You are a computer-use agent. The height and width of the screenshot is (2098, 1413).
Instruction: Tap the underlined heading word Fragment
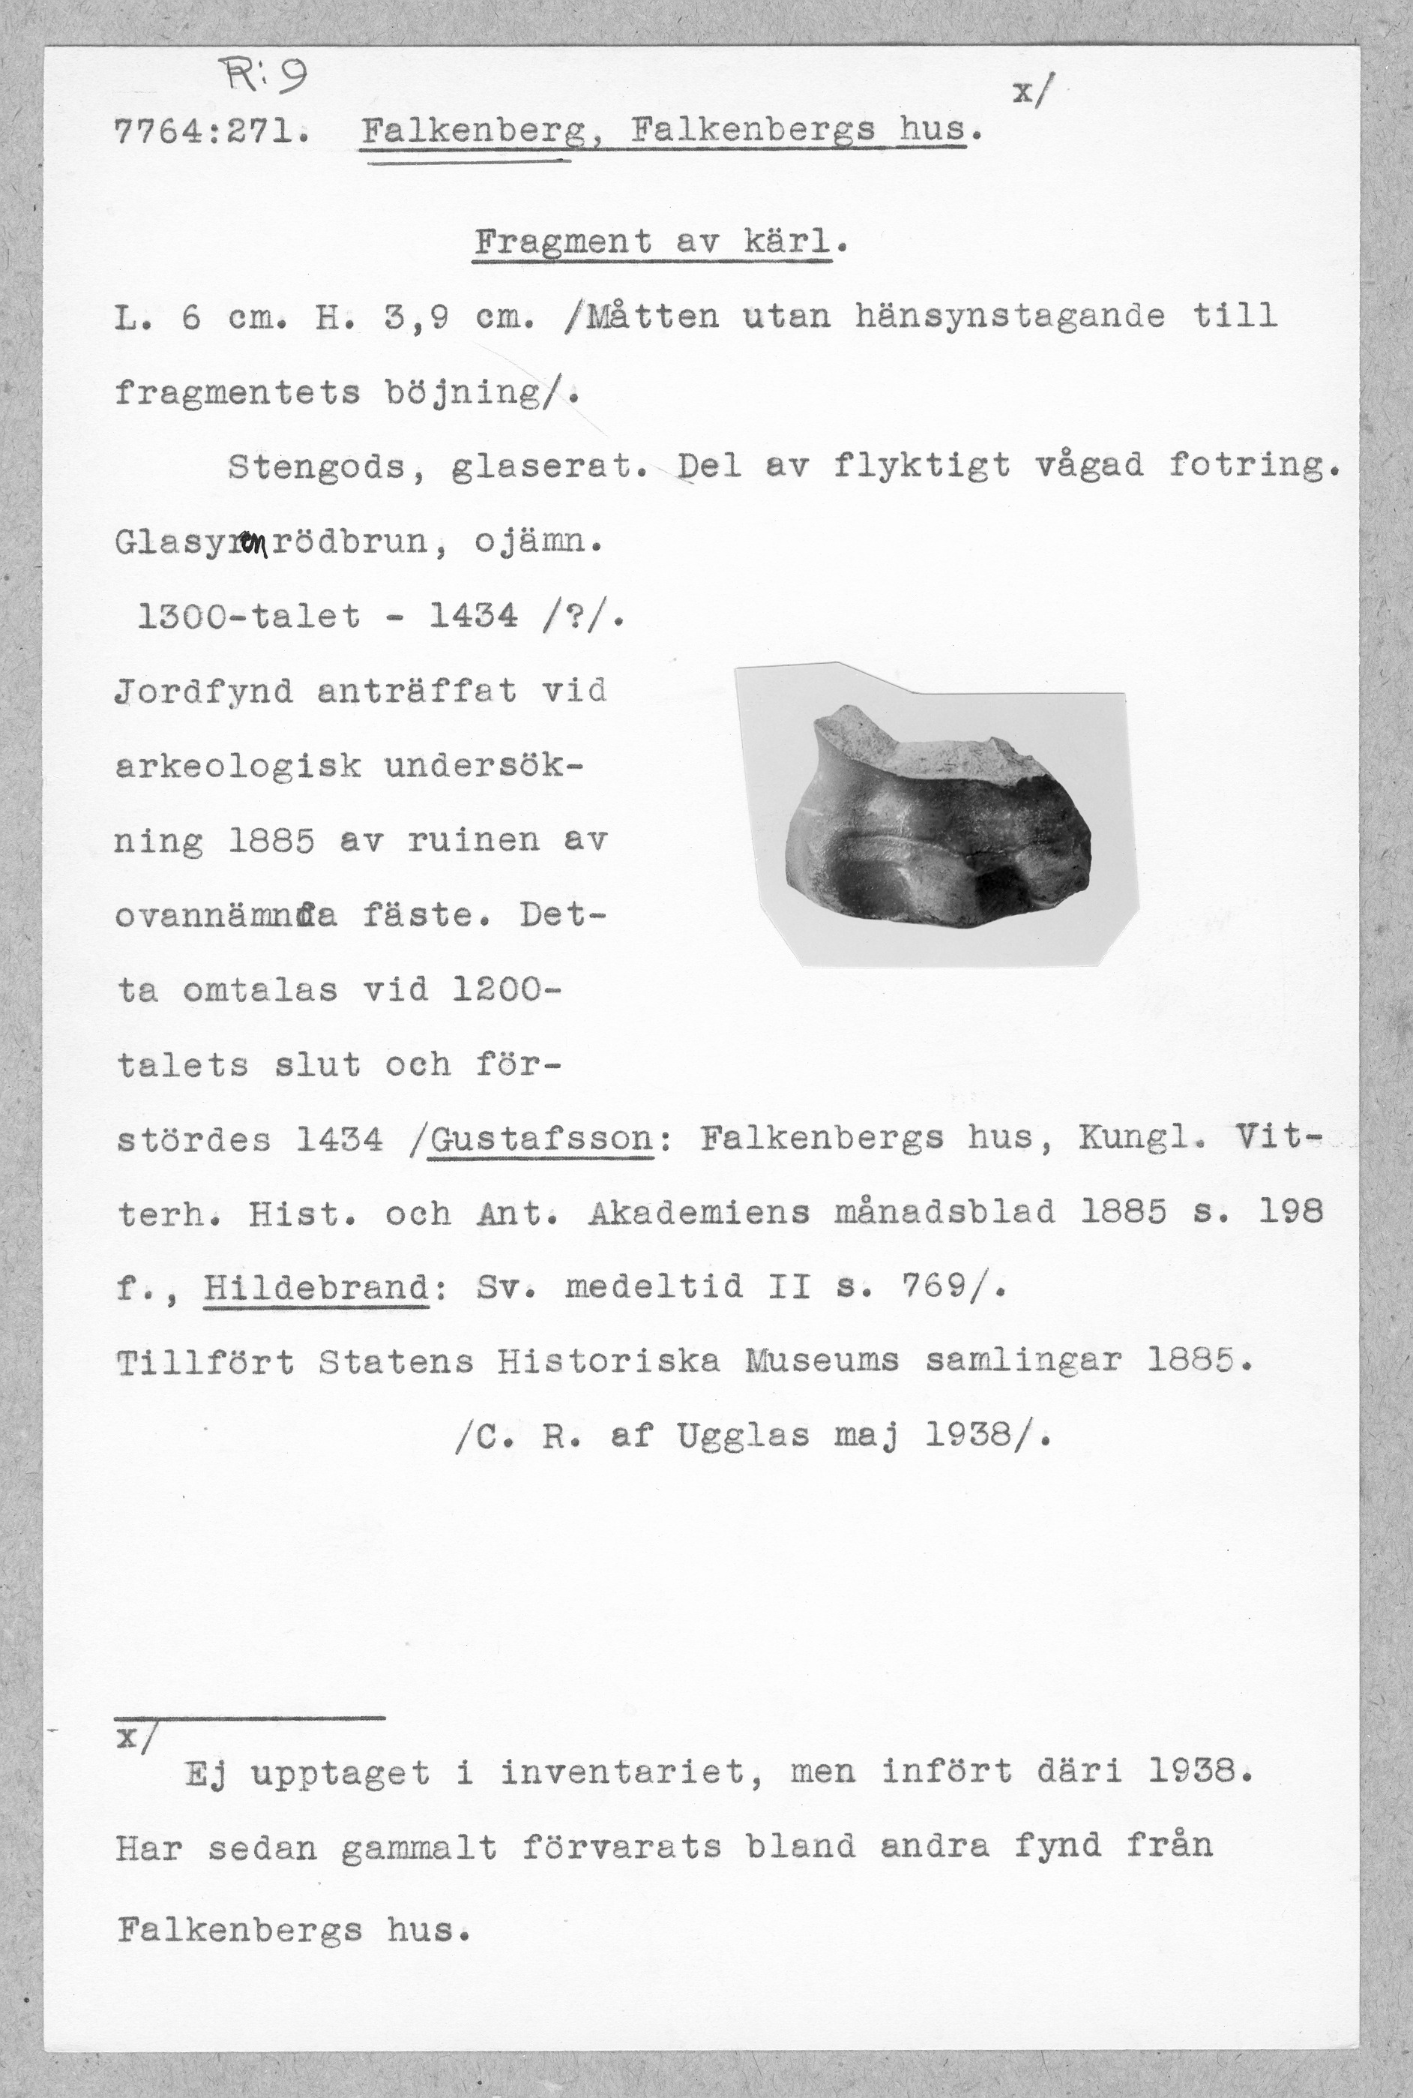point(562,242)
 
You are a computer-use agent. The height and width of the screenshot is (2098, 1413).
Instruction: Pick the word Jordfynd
point(205,692)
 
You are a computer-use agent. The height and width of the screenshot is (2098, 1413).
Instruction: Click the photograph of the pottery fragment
point(937,816)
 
